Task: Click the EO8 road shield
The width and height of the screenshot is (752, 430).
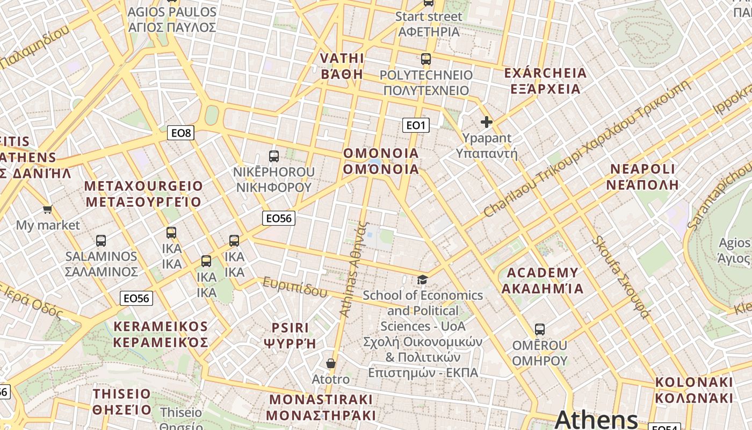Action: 180,133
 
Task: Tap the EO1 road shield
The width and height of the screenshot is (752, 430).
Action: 416,125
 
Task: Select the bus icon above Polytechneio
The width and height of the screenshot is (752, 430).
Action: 426,59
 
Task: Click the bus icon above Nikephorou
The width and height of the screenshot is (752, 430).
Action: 274,156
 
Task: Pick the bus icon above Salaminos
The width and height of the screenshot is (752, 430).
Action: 101,240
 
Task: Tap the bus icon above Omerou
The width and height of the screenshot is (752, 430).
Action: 540,329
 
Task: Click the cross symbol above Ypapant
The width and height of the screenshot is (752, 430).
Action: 487,123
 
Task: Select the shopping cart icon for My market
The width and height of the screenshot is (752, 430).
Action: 48,209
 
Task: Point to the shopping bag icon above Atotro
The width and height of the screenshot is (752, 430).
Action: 331,364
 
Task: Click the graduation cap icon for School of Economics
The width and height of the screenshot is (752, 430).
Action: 423,279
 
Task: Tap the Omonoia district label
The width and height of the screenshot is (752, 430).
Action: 381,161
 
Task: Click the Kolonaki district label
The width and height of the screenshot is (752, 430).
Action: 694,390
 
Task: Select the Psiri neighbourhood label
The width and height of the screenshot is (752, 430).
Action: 290,335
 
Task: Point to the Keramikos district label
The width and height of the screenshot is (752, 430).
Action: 161,334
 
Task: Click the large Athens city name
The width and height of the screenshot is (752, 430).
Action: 596,420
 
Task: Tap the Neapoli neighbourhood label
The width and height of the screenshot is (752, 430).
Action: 643,177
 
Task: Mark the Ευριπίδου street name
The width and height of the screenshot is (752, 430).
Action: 294,287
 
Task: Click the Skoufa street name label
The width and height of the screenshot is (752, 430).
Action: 621,277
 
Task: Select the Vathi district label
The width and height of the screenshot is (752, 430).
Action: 342,66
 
